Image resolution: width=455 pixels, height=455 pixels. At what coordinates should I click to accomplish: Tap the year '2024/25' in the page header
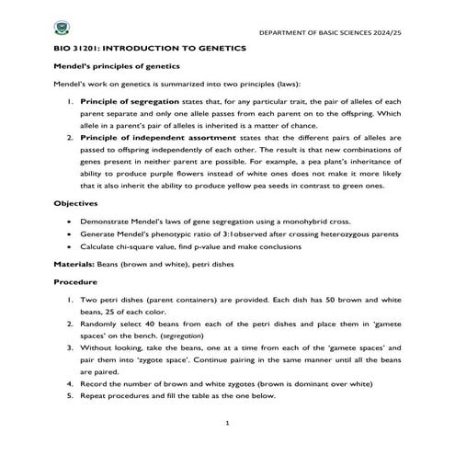click(386, 33)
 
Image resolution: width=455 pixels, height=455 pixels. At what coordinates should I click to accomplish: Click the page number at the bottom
click(226, 423)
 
